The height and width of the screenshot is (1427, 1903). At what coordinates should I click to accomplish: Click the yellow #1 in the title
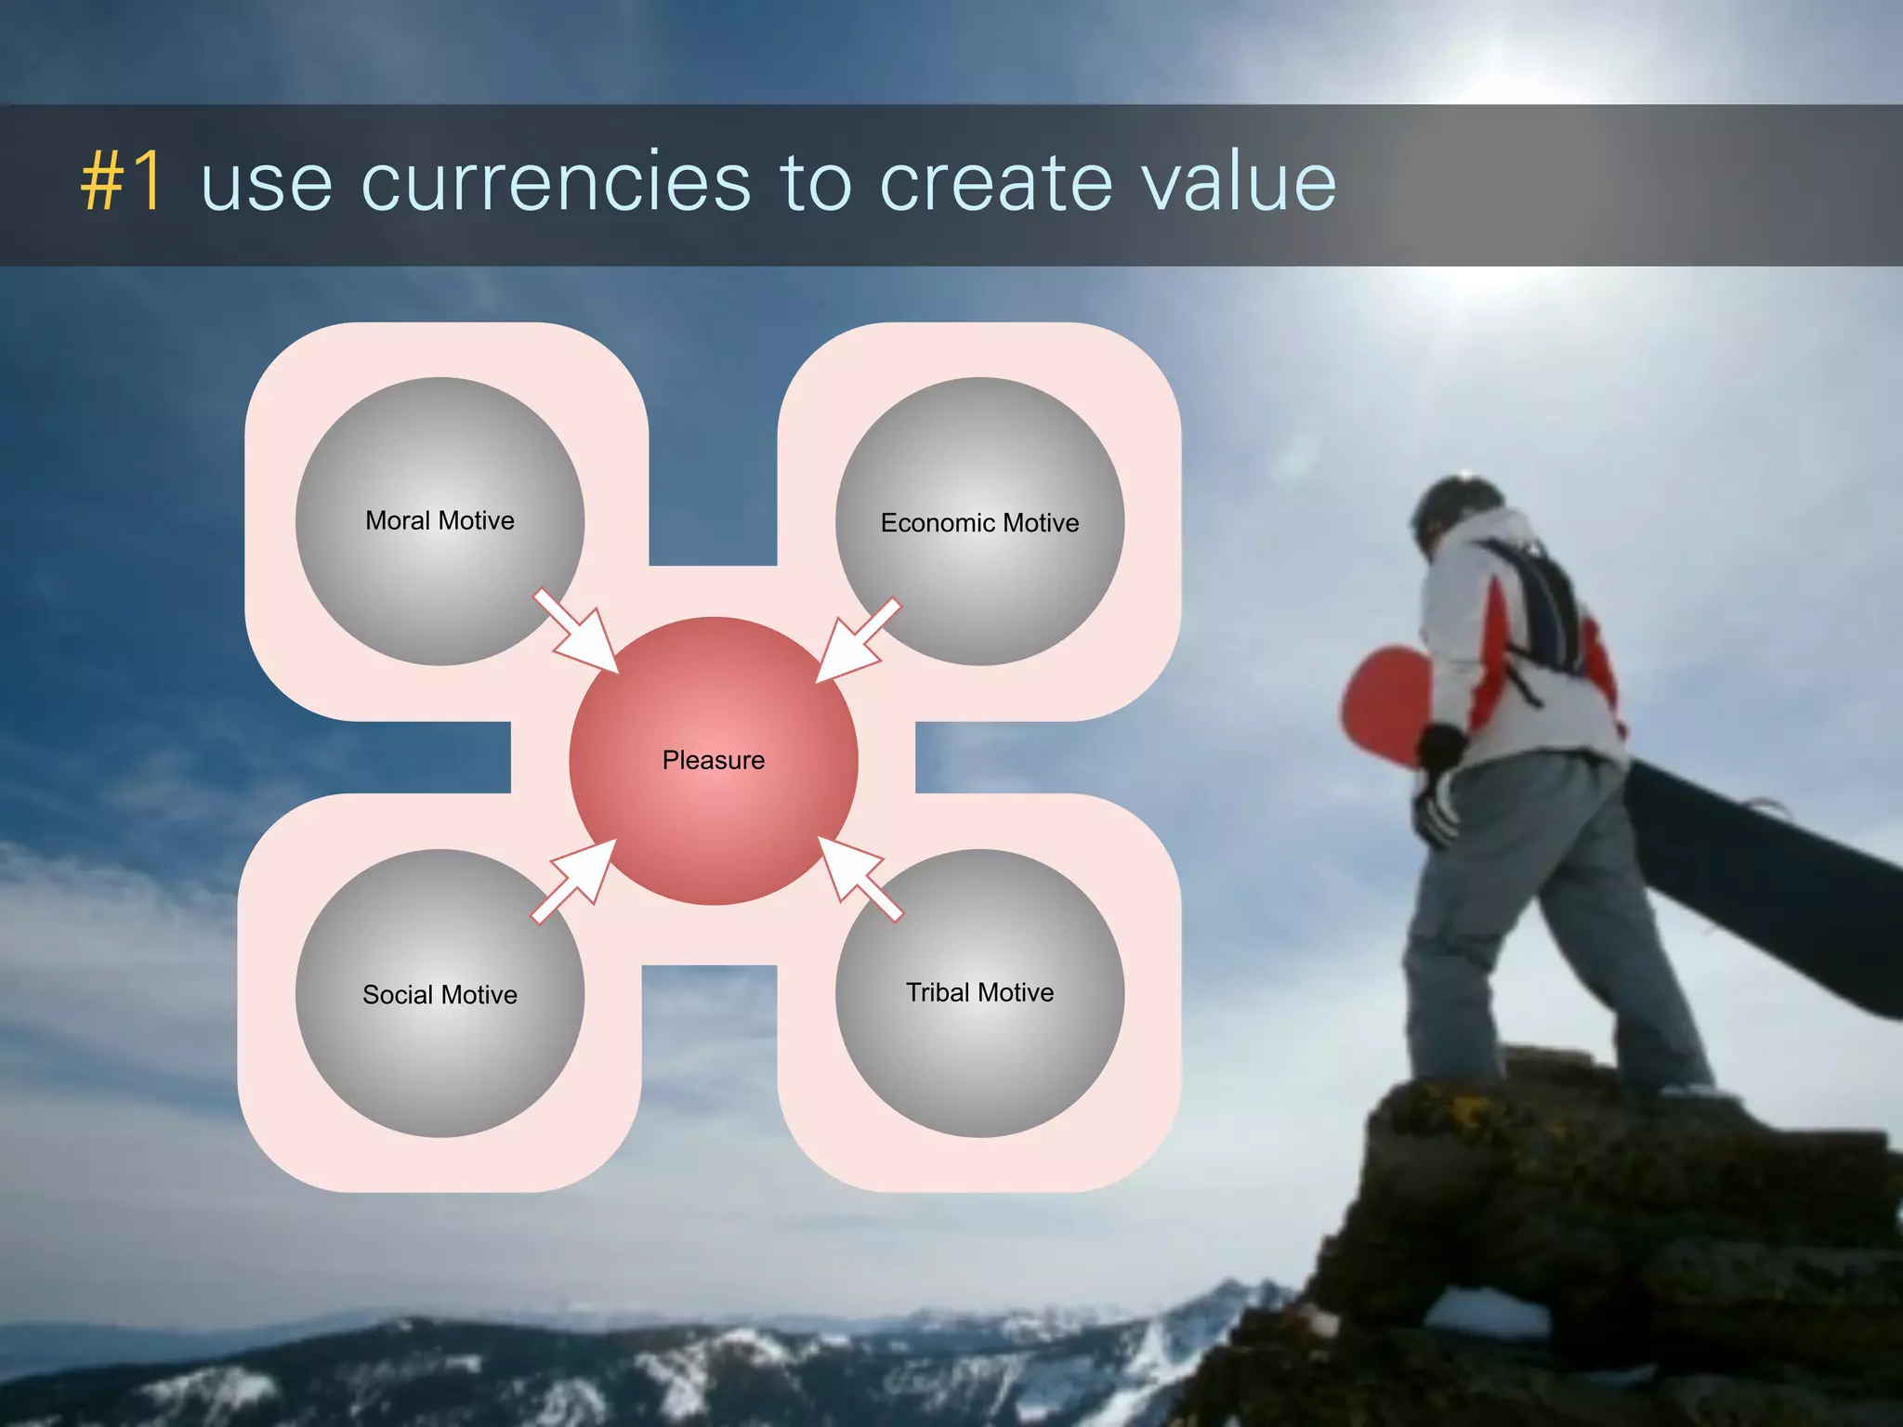pyautogui.click(x=123, y=183)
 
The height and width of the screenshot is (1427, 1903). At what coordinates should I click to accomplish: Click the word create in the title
pyautogui.click(x=995, y=183)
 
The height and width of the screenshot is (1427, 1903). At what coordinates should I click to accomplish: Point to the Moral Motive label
pyautogui.click(x=440, y=521)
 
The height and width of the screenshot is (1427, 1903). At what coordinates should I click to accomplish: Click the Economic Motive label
pyautogui.click(x=979, y=523)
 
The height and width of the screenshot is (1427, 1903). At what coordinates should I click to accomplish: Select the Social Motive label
pyautogui.click(x=440, y=995)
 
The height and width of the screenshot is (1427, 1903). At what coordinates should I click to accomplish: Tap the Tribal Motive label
pyautogui.click(x=979, y=993)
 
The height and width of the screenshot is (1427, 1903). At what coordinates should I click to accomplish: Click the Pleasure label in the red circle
pyautogui.click(x=713, y=761)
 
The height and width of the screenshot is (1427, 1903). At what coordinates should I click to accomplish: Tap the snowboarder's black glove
pyautogui.click(x=1440, y=748)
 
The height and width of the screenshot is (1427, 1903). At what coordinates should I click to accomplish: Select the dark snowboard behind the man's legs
pyautogui.click(x=1765, y=883)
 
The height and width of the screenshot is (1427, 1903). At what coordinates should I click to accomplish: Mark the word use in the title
pyautogui.click(x=267, y=183)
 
